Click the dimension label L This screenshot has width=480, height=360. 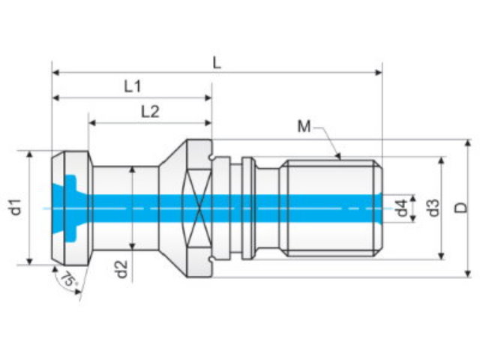click(x=217, y=63)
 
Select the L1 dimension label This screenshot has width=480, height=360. click(x=133, y=87)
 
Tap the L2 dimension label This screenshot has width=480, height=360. click(x=150, y=112)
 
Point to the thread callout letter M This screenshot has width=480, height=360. click(x=304, y=126)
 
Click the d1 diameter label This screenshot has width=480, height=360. click(x=16, y=207)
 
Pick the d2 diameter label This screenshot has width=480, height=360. click(x=121, y=269)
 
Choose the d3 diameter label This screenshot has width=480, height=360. click(x=433, y=208)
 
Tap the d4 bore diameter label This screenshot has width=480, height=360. click(x=402, y=208)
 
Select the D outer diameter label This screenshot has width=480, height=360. click(x=460, y=208)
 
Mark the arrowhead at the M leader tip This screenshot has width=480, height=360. click(x=338, y=156)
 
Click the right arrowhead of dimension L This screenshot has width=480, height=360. click(x=379, y=73)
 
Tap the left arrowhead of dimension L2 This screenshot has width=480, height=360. click(x=92, y=123)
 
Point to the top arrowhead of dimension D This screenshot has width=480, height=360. click(x=468, y=143)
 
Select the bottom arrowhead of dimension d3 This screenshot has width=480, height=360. click(x=442, y=256)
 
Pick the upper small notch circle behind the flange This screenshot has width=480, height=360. click(x=211, y=157)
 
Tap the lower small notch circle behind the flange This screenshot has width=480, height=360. click(x=211, y=259)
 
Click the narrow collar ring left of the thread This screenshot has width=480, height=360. click(x=247, y=208)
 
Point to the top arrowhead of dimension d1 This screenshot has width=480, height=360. click(x=29, y=154)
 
